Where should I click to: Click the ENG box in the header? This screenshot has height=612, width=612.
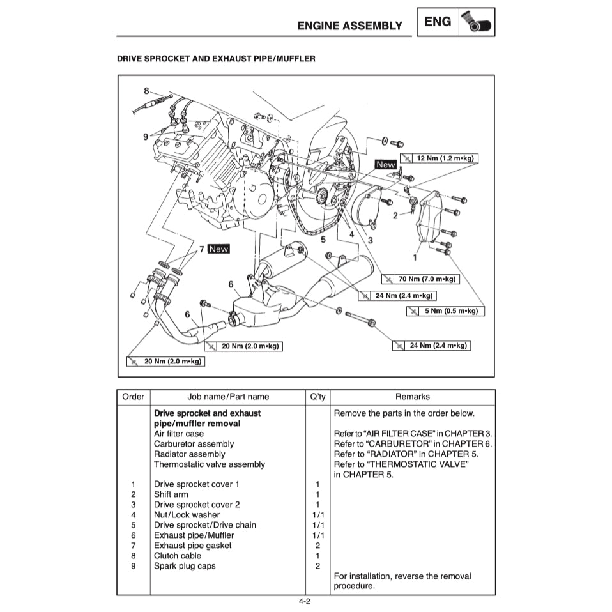coord(438,22)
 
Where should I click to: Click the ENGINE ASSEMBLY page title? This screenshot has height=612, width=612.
coord(349,26)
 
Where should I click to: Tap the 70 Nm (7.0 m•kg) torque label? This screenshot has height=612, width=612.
coord(421,279)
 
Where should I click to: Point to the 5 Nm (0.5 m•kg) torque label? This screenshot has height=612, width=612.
coord(445,311)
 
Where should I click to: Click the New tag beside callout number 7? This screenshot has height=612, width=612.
coord(218,249)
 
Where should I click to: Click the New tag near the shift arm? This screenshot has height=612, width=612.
coord(386,164)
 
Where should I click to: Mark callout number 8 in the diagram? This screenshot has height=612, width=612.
coord(146,91)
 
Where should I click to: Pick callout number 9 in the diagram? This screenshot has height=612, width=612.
coord(146,136)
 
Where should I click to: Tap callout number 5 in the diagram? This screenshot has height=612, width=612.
coord(323,240)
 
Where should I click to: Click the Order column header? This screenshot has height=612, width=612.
coord(133,397)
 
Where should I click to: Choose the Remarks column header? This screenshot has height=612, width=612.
coord(412,397)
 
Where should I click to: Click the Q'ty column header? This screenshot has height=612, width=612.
coord(317,397)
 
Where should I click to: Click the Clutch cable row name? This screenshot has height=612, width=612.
coord(177,556)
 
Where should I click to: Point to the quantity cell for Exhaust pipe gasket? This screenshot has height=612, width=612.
coord(317,546)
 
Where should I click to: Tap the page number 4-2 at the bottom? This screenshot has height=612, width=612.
coord(305,601)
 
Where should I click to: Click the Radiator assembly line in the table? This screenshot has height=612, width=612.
coord(189,454)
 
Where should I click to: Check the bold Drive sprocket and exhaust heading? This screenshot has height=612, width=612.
coord(207,413)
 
